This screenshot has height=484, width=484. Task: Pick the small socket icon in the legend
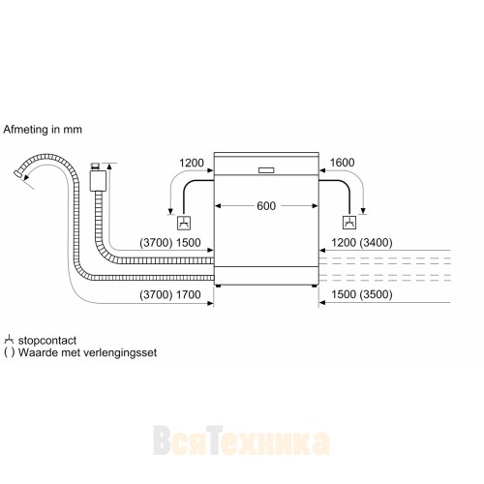click(x=9, y=340)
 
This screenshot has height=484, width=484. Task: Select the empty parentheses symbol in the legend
click(x=9, y=352)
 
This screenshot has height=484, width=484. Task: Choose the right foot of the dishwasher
click(x=310, y=285)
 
